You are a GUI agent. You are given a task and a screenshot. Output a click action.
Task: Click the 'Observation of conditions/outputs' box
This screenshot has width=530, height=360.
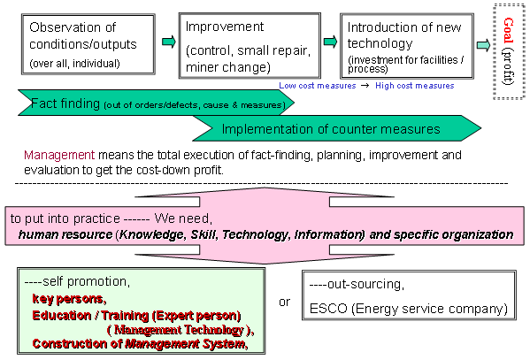(88, 44)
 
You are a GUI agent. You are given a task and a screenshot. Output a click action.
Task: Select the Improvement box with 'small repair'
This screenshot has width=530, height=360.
(250, 46)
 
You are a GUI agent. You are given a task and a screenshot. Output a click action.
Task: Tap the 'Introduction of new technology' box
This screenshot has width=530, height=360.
(407, 46)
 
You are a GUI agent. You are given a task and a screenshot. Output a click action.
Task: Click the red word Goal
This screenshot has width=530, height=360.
(509, 30)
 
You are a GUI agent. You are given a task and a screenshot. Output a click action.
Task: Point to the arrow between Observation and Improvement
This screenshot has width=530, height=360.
(169, 42)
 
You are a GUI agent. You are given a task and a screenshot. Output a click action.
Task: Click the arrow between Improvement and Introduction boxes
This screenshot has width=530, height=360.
(330, 42)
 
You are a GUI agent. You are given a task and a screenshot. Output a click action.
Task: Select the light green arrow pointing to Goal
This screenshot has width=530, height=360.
(483, 45)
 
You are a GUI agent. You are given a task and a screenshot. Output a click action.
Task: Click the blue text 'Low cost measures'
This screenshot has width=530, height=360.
(318, 86)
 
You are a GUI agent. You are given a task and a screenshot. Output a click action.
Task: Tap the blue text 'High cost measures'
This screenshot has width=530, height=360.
(415, 86)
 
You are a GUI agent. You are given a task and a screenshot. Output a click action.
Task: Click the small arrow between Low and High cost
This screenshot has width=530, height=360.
(365, 86)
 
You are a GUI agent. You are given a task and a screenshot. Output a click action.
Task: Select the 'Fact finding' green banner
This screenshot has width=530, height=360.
(156, 103)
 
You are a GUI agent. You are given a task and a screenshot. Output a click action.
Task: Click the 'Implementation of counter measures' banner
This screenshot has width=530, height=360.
(336, 128)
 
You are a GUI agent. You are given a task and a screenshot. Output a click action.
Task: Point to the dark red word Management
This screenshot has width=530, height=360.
(59, 155)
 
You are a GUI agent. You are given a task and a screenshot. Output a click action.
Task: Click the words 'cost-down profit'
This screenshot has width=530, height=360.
(180, 170)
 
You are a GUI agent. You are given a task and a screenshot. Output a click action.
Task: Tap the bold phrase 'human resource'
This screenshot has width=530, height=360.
(65, 234)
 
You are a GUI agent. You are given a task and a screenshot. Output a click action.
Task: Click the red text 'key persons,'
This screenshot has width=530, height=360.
(69, 299)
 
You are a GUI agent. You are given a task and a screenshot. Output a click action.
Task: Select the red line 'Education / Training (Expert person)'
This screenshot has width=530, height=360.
(136, 316)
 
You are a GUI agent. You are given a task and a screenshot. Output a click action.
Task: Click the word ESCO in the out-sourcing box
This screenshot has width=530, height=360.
(328, 309)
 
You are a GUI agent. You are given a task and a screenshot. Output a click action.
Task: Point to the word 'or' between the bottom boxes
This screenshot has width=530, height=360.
(285, 302)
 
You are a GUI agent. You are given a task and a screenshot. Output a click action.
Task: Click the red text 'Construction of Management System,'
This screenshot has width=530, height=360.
(141, 344)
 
